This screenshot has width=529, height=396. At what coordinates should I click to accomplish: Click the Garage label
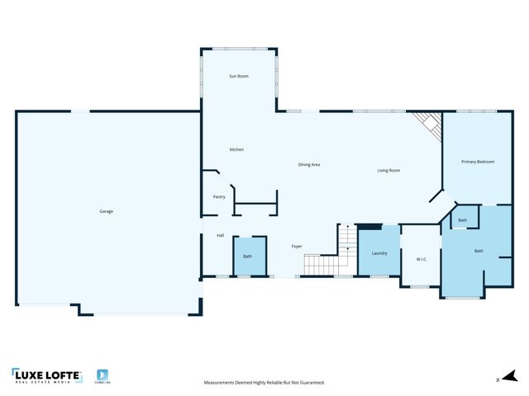click(x=106, y=211)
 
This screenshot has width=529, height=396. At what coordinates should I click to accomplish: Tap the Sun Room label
click(x=239, y=76)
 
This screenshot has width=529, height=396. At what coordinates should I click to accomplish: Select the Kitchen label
click(x=236, y=149)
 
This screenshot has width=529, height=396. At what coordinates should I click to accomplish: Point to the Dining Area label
click(x=309, y=165)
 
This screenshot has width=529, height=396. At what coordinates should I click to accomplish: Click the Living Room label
click(x=388, y=171)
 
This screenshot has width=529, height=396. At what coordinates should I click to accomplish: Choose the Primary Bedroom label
click(x=478, y=162)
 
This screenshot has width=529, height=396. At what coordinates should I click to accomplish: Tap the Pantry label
click(x=219, y=196)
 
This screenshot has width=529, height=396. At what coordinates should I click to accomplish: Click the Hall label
click(x=221, y=236)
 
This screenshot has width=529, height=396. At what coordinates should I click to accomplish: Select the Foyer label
click(x=296, y=247)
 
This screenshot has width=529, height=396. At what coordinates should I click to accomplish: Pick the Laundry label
click(x=379, y=253)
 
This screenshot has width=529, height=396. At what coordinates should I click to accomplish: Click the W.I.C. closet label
click(x=421, y=260)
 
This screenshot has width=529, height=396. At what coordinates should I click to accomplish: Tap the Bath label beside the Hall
click(x=247, y=257)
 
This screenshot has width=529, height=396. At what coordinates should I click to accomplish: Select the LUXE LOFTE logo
click(x=47, y=376)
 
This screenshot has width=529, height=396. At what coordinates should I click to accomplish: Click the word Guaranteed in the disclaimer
click(x=311, y=383)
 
